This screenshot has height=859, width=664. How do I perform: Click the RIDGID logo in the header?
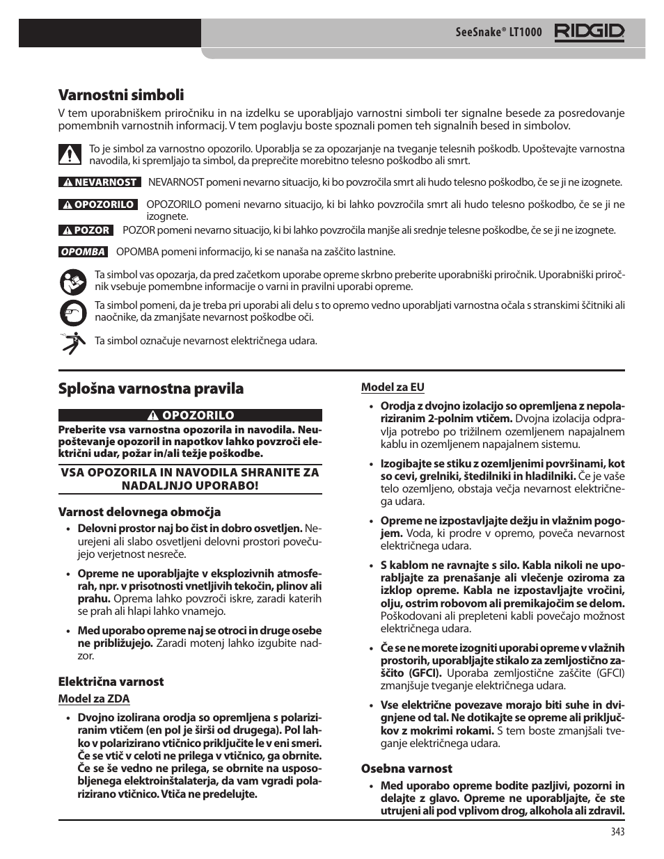tap(590, 32)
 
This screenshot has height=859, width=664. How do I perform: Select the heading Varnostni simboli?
tap(121, 95)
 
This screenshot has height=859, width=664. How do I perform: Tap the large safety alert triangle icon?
tap(70, 154)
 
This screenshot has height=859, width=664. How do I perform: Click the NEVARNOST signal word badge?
tap(100, 182)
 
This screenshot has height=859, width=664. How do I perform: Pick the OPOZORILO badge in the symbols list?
tap(97, 204)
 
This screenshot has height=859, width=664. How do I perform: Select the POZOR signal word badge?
tap(85, 230)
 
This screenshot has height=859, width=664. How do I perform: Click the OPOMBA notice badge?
tap(82, 252)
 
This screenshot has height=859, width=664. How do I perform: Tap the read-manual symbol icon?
tap(70, 282)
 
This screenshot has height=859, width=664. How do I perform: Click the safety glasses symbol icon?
tap(70, 312)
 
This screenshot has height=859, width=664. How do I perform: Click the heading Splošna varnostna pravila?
tap(150, 388)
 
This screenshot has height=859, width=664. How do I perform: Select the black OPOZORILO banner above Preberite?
tap(190, 415)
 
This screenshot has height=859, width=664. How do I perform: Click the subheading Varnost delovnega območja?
tap(139, 512)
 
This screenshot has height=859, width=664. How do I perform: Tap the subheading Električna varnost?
tap(111, 682)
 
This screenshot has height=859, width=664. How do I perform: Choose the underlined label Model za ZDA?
tap(93, 698)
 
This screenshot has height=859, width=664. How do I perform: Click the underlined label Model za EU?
tap(393, 387)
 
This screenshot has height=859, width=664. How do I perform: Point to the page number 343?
tap(617, 832)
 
